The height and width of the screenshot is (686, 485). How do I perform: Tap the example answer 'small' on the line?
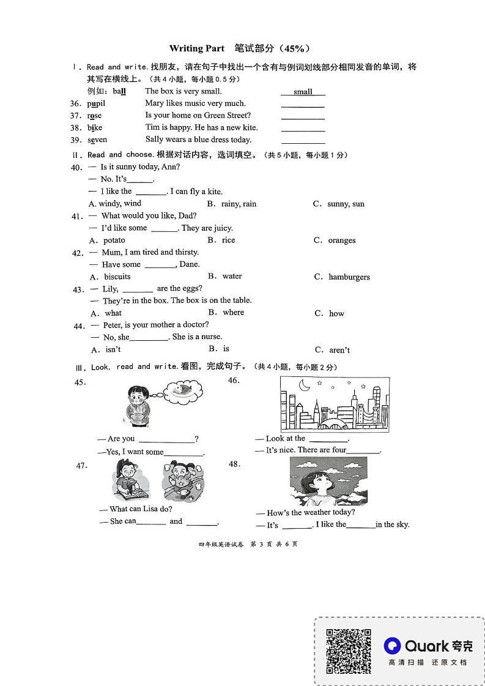(x=303, y=92)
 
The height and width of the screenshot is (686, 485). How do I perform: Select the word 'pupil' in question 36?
(x=96, y=103)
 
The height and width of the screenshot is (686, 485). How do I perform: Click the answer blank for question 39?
(x=303, y=141)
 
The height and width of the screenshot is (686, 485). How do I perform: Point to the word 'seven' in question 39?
(x=97, y=140)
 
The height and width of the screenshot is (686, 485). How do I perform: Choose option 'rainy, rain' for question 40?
(x=239, y=204)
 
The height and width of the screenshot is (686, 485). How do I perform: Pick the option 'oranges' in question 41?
(x=341, y=240)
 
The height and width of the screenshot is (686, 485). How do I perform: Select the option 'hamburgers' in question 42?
(x=349, y=277)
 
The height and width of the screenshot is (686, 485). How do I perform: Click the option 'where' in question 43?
(x=233, y=313)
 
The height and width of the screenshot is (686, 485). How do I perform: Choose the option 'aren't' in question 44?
(x=339, y=350)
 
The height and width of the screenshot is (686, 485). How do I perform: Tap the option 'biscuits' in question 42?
(x=117, y=277)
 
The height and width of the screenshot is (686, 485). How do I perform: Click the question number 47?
(x=81, y=466)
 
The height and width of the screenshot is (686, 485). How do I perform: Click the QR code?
(x=348, y=651)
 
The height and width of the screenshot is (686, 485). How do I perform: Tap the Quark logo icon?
(x=392, y=646)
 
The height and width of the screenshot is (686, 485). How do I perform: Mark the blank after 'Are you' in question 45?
(x=166, y=439)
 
